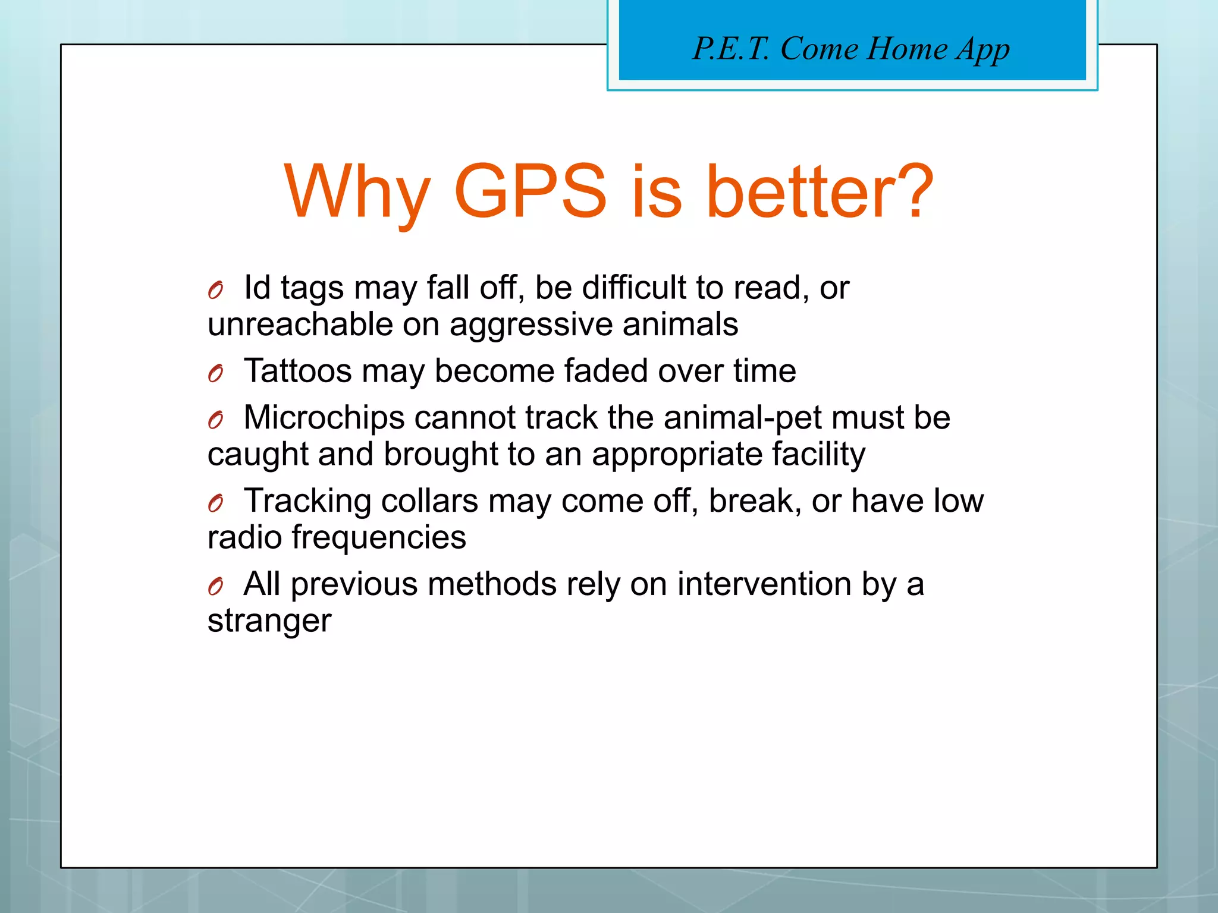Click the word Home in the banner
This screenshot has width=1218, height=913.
[906, 48]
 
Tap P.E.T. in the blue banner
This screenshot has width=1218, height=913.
[731, 48]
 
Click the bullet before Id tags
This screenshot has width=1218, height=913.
[215, 290]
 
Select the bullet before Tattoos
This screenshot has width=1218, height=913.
[215, 373]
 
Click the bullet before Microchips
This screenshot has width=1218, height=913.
[215, 420]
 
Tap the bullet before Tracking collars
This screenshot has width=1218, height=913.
[215, 503]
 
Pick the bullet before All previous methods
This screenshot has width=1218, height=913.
[215, 587]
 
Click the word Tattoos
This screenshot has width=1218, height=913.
[298, 371]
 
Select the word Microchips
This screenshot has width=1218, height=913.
[324, 418]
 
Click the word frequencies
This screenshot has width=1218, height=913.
[378, 539]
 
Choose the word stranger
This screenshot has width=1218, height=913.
[269, 622]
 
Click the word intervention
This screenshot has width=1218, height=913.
[764, 584]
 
